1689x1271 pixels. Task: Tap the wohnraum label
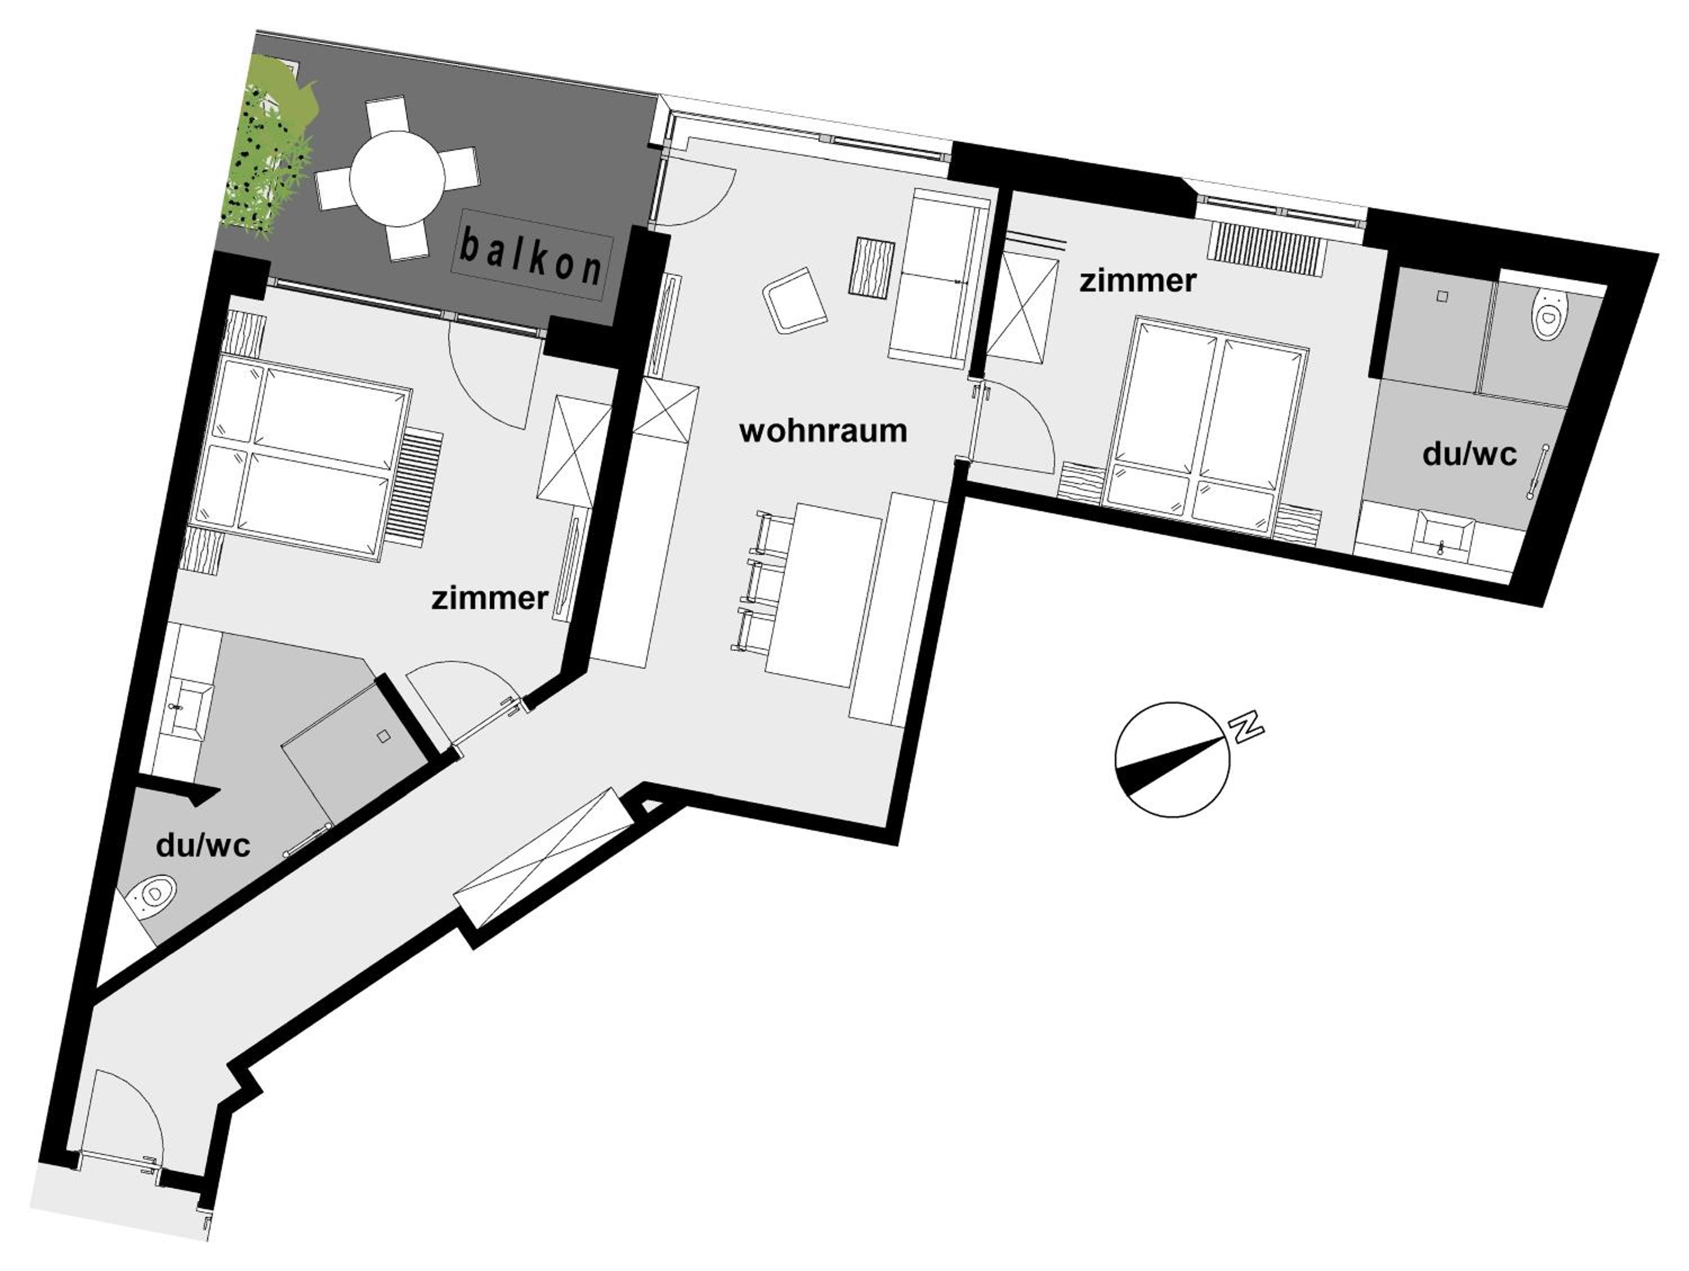pos(823,431)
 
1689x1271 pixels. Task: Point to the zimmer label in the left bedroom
pos(489,598)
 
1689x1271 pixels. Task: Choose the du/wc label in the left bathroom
pos(203,846)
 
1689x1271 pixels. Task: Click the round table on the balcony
pos(397,178)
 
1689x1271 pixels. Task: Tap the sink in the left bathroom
pos(186,711)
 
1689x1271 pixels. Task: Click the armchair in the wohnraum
pos(794,300)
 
